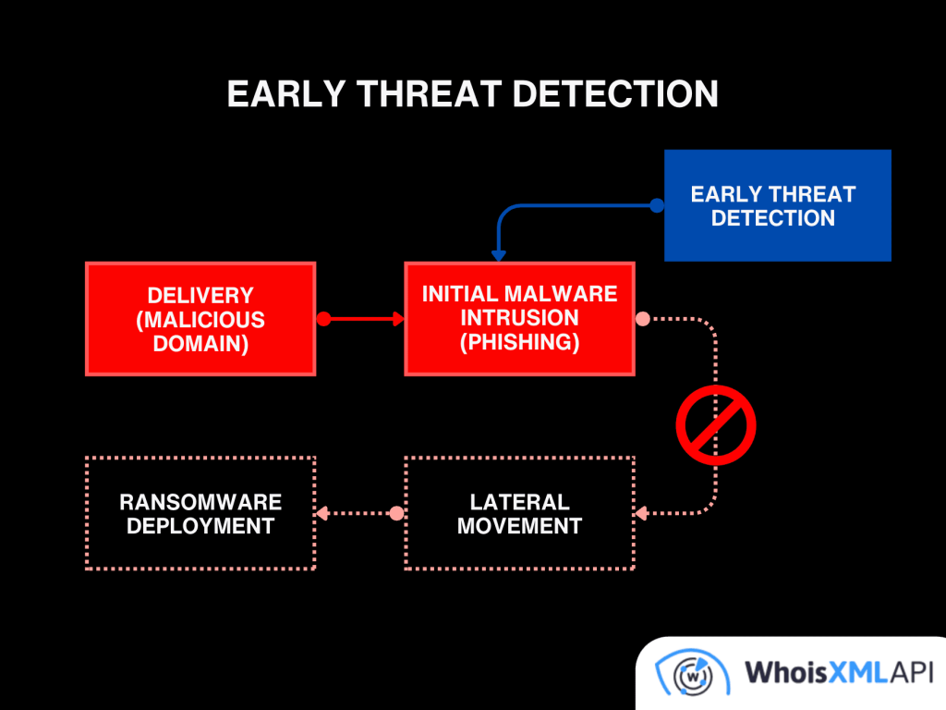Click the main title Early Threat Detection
[472, 94]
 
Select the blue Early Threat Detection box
[777, 205]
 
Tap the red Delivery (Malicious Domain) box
[200, 319]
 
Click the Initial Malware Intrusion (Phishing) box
[519, 319]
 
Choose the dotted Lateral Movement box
[519, 513]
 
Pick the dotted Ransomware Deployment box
[200, 513]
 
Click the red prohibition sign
[716, 425]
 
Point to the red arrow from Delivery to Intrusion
[365, 319]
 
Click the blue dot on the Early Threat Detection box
[657, 205]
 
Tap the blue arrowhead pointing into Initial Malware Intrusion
[499, 255]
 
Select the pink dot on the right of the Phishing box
[642, 319]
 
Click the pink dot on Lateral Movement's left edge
[396, 513]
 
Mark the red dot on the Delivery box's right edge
[322, 319]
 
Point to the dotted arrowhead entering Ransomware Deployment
[322, 513]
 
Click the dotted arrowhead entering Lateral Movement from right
[642, 513]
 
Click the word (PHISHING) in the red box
[519, 342]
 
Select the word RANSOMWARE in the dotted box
[200, 502]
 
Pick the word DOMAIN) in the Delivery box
[200, 343]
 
